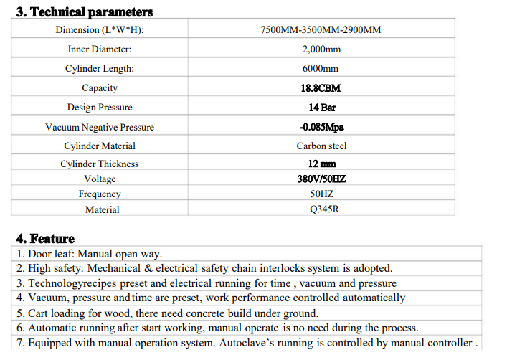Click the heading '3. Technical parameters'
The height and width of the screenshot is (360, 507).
click(84, 12)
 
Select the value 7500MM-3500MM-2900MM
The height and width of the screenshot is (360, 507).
click(321, 29)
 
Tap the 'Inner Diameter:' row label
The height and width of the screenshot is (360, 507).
click(100, 49)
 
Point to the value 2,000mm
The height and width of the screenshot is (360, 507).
click(321, 49)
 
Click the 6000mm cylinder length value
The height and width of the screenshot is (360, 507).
click(321, 69)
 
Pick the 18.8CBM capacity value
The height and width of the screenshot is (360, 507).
click(321, 88)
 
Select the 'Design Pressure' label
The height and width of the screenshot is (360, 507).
click(100, 108)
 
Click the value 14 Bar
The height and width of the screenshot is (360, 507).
click(322, 108)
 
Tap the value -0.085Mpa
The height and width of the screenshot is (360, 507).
click(321, 127)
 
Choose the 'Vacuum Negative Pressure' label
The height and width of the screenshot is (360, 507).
click(100, 127)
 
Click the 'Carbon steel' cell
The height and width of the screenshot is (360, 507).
click(321, 146)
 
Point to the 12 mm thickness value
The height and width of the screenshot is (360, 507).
click(322, 164)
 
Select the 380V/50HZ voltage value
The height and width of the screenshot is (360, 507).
click(321, 179)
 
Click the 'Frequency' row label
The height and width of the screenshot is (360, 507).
click(100, 194)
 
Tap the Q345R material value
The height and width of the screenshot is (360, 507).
click(322, 209)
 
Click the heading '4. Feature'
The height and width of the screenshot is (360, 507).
click(45, 239)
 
